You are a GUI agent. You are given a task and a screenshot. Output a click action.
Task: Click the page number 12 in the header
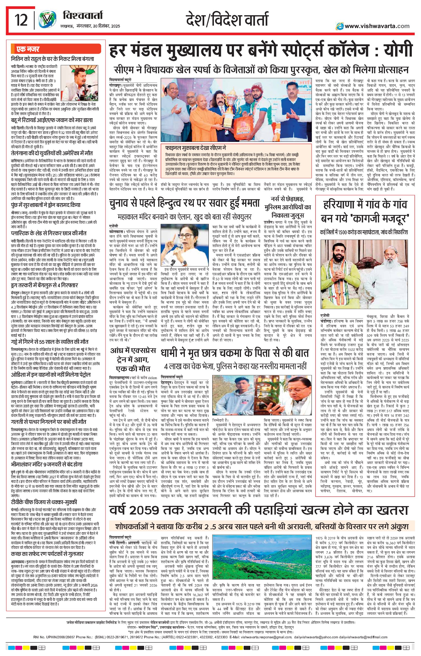pos(21,20)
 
